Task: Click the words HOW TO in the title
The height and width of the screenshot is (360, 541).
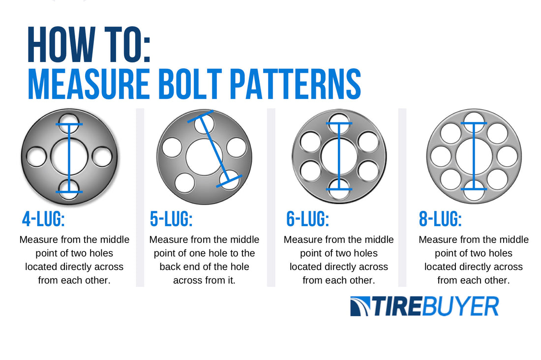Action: click(89, 46)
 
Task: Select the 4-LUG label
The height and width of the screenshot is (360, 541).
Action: click(43, 219)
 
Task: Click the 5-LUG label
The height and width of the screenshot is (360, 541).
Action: click(171, 219)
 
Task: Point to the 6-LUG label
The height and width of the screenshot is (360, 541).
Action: click(307, 219)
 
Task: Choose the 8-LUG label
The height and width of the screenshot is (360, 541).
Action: click(440, 219)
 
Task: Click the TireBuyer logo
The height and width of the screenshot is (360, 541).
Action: click(424, 306)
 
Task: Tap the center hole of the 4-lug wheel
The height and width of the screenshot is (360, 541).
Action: click(69, 157)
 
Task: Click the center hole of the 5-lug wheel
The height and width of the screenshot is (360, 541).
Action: click(204, 157)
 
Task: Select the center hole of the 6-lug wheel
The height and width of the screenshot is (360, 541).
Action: click(339, 156)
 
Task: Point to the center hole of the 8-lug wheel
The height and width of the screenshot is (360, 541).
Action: click(474, 156)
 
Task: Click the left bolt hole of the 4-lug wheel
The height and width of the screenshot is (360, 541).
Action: click(36, 157)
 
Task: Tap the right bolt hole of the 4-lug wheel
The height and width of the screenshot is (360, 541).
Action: click(102, 157)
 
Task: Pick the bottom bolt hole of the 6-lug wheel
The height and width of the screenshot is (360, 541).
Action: click(339, 190)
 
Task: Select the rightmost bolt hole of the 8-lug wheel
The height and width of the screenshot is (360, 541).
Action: click(507, 156)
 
